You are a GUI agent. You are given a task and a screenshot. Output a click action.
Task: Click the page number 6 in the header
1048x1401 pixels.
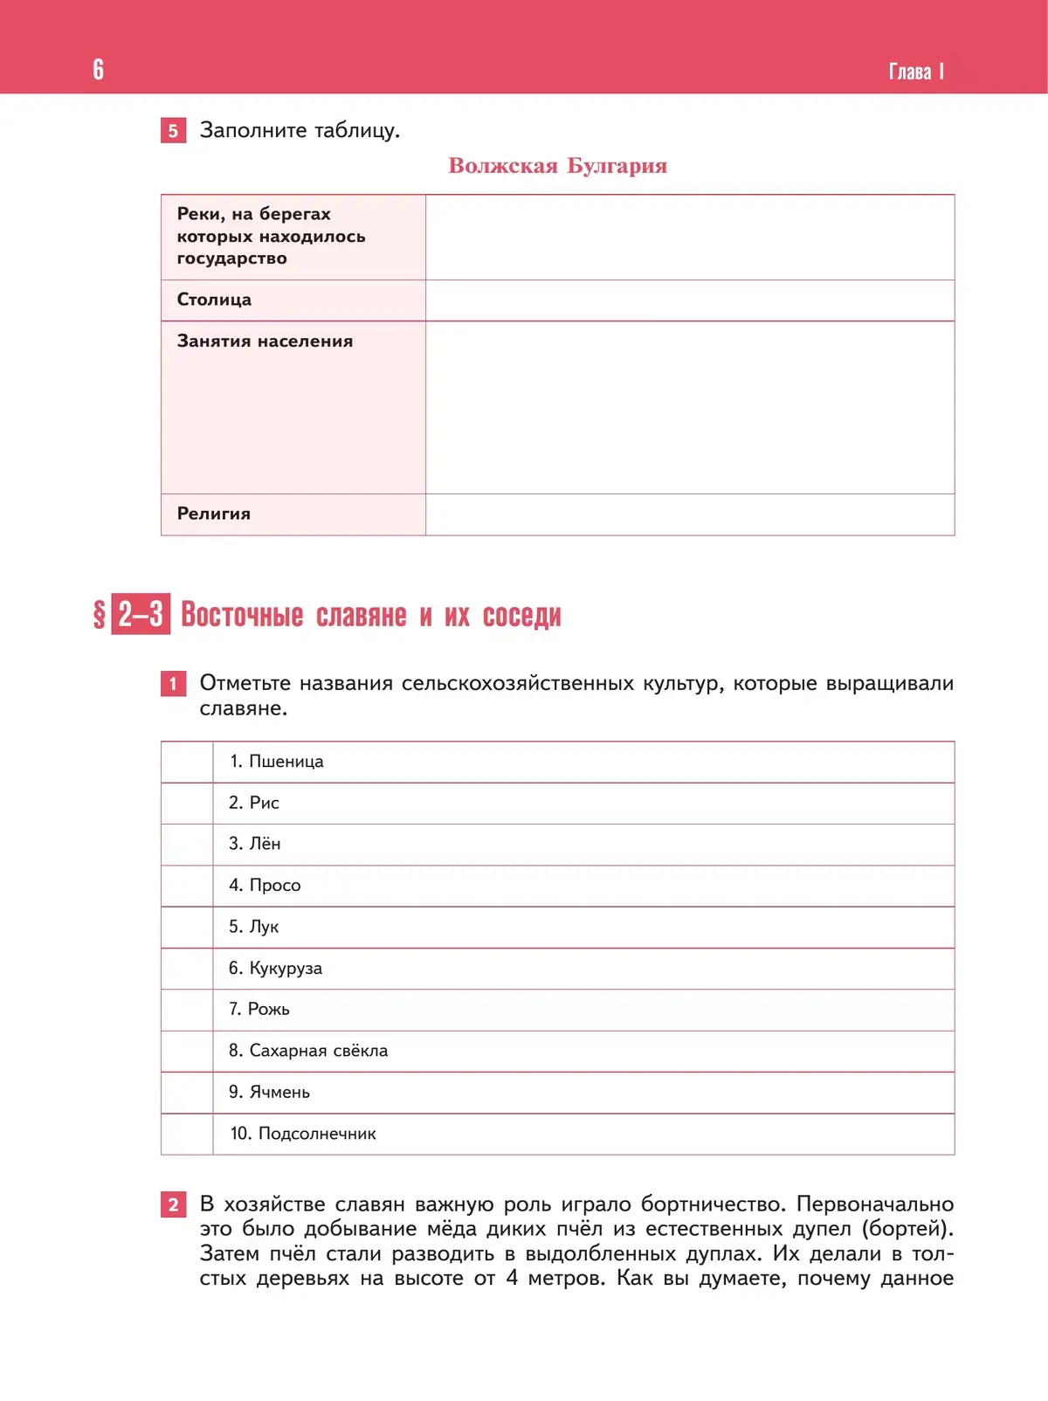tap(98, 70)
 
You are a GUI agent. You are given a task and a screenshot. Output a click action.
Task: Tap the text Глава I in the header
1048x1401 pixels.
tap(915, 72)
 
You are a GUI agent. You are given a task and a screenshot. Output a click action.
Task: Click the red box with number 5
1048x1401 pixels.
tap(173, 131)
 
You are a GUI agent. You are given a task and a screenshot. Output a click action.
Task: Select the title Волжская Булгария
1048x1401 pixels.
tap(557, 166)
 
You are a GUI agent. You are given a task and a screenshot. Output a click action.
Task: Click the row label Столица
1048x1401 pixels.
tap(214, 300)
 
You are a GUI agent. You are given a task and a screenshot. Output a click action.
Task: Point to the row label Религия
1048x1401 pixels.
tap(214, 514)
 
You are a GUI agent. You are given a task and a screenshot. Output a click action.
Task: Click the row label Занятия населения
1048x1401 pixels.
tap(265, 342)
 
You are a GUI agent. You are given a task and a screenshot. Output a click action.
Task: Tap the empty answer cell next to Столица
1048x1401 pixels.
tap(689, 300)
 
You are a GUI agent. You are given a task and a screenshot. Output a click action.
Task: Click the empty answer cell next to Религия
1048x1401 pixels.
tap(689, 514)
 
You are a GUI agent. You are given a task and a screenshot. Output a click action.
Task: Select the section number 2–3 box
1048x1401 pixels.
tap(141, 615)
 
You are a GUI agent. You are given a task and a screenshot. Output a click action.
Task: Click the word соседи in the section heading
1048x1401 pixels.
tap(521, 616)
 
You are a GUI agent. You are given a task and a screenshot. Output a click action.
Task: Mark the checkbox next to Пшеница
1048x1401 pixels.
tap(187, 762)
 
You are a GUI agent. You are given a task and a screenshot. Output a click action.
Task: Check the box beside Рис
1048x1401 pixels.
tap(187, 804)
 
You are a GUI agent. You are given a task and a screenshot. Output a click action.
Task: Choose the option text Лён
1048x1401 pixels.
tap(265, 844)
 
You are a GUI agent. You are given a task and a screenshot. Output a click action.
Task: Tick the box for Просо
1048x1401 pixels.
tap(187, 886)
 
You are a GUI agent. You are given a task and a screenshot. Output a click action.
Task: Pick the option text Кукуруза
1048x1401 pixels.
tap(285, 968)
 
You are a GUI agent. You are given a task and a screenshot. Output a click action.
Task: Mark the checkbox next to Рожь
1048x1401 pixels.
tap(187, 1010)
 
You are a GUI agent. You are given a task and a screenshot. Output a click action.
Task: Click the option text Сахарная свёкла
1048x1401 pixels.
tap(318, 1051)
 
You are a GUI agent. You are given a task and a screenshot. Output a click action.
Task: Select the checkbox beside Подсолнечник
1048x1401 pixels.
tap(187, 1134)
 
